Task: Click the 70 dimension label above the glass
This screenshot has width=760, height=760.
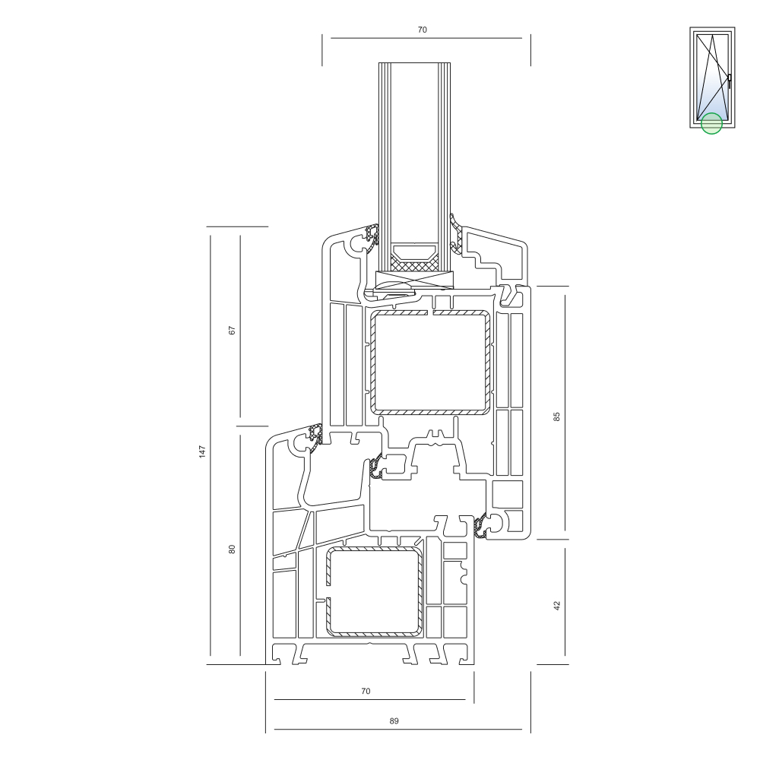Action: click(422, 30)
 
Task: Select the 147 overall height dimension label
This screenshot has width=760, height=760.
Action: click(202, 451)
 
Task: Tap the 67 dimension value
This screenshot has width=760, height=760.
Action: click(232, 331)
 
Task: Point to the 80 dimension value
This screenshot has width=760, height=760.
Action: click(232, 549)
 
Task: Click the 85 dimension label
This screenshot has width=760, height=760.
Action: click(556, 416)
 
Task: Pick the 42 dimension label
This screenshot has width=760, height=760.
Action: click(556, 606)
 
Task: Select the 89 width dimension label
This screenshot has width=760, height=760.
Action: click(394, 721)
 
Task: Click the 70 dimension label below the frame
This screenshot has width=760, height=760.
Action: click(366, 691)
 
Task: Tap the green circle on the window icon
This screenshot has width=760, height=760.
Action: click(711, 123)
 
